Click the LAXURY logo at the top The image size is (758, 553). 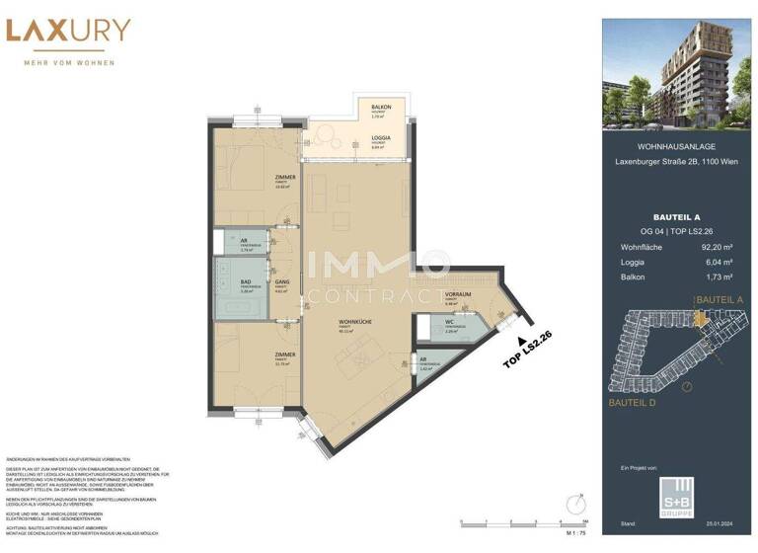67,31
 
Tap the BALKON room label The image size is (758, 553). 381,107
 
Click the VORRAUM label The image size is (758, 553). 456,295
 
